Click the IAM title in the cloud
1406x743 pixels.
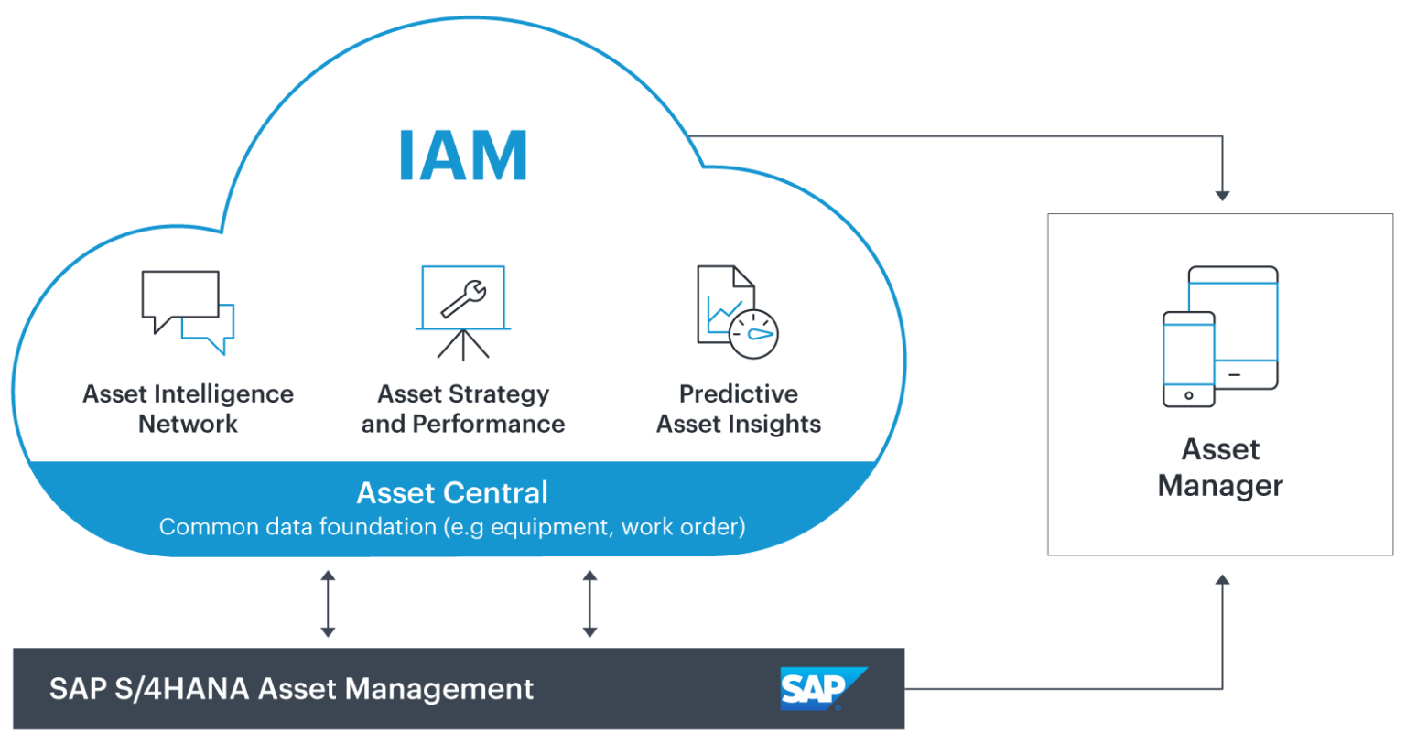[463, 156]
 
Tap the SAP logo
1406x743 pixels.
[823, 688]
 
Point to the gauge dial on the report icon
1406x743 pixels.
[754, 335]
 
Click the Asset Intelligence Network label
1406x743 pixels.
[188, 409]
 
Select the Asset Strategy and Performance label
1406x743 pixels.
[462, 409]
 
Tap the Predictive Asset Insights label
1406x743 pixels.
[738, 409]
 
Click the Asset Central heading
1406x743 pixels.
[452, 493]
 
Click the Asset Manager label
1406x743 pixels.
[1220, 468]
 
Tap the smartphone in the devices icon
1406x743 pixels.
[1188, 358]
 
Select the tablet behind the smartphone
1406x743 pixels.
[1245, 325]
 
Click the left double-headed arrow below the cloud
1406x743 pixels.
[328, 604]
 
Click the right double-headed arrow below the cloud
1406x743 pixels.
[589, 604]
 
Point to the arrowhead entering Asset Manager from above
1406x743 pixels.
[1221, 196]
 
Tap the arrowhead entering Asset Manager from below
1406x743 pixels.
[1221, 579]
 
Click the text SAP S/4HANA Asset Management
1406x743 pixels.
[291, 688]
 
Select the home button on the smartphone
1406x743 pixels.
[1188, 395]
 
